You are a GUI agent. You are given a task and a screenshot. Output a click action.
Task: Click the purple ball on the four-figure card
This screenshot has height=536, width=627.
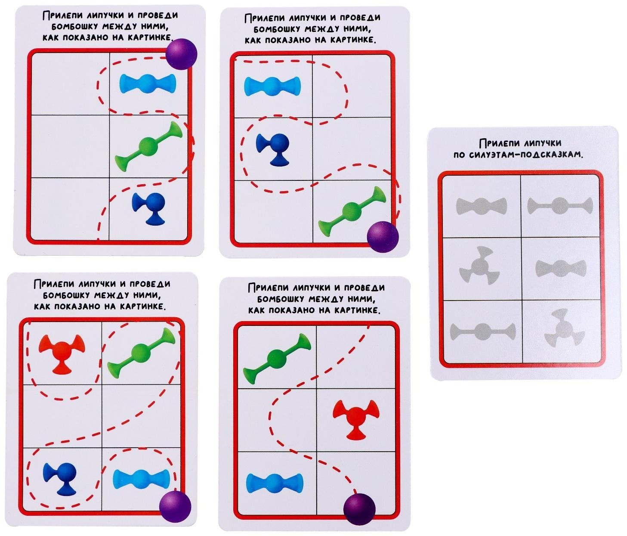175,506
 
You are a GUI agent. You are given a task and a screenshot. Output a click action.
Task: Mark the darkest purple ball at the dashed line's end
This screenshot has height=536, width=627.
359,509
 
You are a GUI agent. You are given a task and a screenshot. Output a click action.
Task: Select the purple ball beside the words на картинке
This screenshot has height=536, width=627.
182,54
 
